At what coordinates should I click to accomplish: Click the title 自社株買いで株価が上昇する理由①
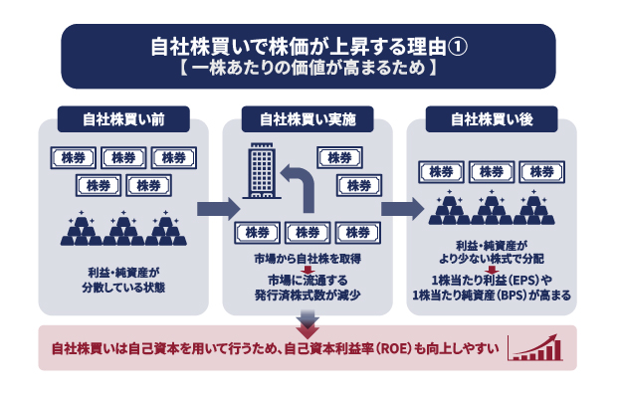308,47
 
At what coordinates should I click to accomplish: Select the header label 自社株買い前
123,118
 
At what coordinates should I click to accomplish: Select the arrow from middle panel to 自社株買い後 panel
400,209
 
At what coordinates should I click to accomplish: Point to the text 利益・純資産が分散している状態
124,278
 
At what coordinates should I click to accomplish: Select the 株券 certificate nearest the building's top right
340,158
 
